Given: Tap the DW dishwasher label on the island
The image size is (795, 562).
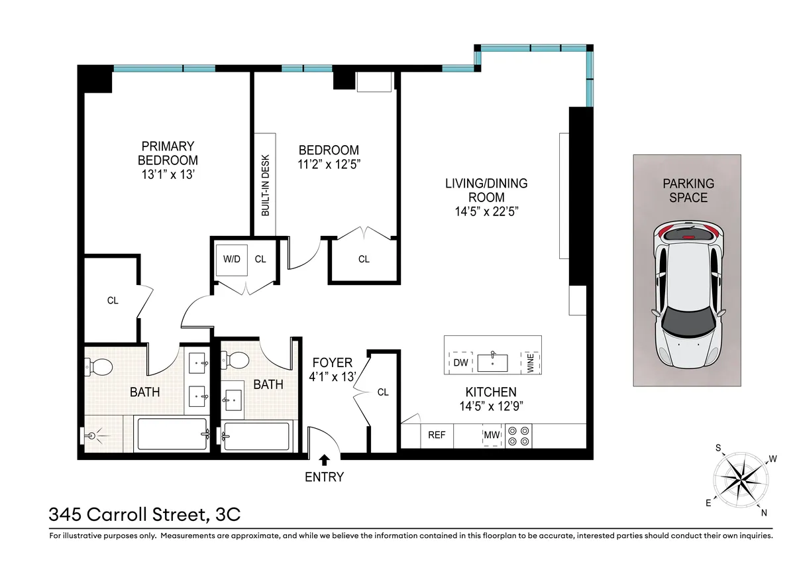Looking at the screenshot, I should point(460,363).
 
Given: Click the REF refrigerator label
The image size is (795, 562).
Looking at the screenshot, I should point(436,435).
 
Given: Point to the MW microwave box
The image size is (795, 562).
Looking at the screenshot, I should point(491,435).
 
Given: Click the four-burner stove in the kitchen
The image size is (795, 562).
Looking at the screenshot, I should point(518,435).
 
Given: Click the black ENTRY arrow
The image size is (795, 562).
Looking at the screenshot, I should point(324,459).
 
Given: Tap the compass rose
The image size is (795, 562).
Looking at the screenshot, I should point(741,479).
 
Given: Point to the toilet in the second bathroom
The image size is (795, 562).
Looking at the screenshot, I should point(237,361).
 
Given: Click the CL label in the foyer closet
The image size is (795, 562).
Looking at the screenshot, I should point(382,392).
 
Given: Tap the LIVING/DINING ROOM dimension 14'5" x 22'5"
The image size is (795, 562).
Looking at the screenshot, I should point(486,211).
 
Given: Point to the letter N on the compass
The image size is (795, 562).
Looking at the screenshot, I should point(764,512).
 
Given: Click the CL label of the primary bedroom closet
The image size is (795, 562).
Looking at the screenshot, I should point(113,301).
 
